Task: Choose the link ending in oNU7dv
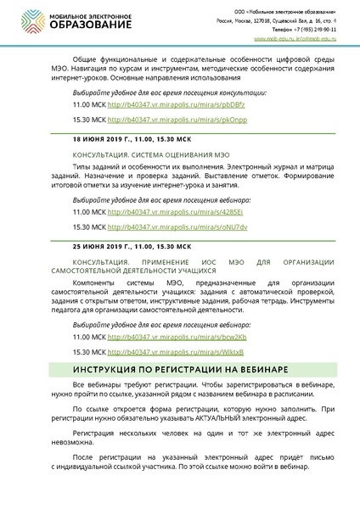point(161,227)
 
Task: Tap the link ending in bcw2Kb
point(161,337)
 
